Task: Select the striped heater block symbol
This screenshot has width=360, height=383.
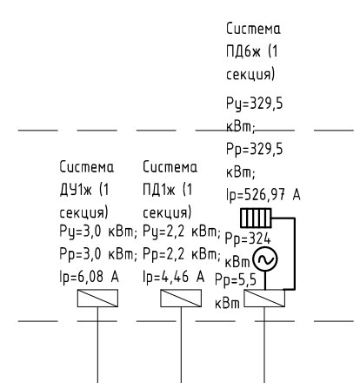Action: [256, 218]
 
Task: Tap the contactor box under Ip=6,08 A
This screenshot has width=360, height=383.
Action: [97, 298]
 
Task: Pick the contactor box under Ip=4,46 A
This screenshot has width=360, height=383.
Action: [181, 298]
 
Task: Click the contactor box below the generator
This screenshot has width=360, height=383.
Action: [264, 298]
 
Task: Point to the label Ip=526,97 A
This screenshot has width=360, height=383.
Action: [263, 194]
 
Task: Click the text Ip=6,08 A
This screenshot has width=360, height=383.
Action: [89, 276]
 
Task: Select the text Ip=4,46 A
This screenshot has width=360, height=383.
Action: [174, 276]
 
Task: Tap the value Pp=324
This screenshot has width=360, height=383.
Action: [248, 239]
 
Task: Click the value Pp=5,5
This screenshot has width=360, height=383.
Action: [236, 280]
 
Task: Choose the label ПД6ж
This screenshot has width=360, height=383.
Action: [243, 51]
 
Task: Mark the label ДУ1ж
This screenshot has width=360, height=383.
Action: [76, 190]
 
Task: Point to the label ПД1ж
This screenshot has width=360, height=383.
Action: [159, 190]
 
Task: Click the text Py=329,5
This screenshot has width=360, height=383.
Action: [254, 104]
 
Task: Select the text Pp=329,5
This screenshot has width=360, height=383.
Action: [254, 150]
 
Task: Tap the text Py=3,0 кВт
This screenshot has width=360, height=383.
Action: [98, 232]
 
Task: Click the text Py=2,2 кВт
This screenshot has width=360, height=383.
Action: [182, 232]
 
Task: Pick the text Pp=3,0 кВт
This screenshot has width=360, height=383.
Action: [98, 254]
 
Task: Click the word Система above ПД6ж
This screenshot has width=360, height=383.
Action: [253, 29]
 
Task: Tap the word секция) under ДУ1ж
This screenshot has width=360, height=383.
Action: [83, 212]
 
